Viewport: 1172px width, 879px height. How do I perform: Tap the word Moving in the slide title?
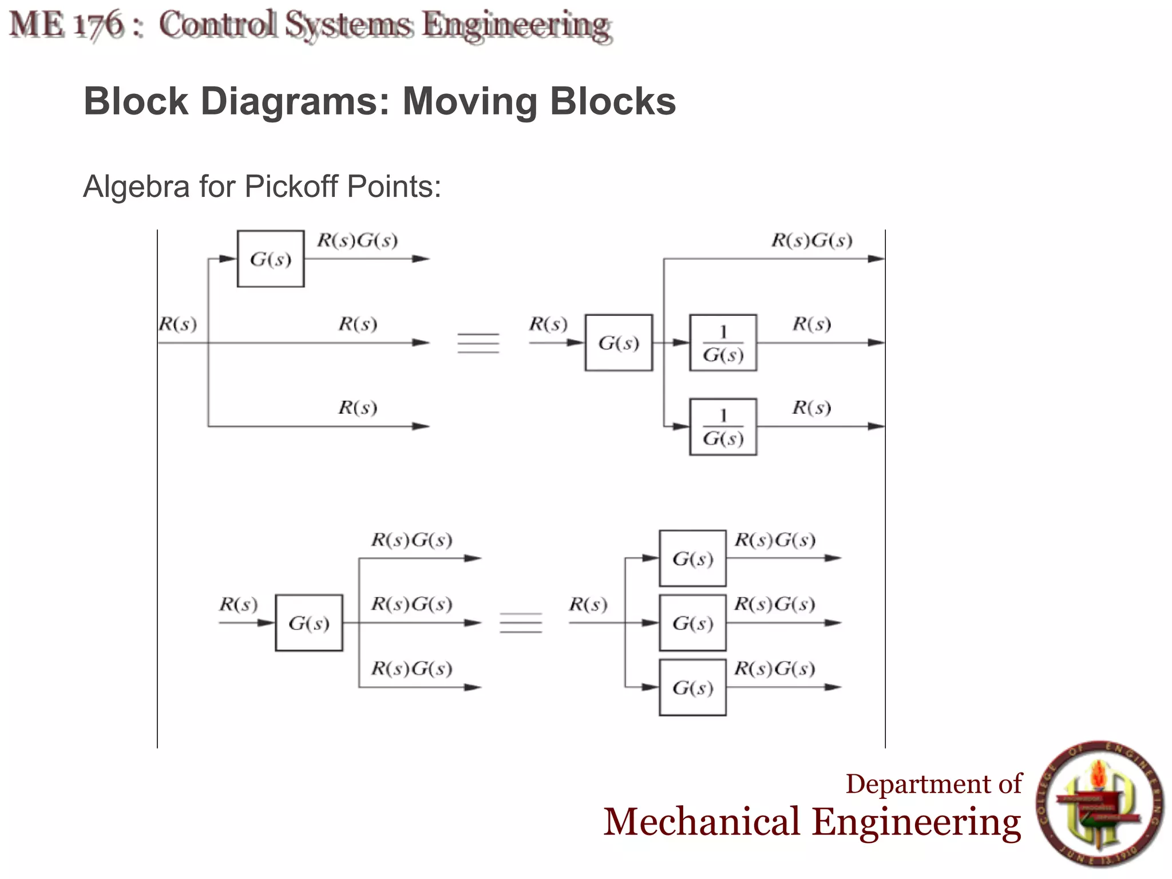(469, 101)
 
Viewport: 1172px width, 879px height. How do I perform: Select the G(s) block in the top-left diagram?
(270, 259)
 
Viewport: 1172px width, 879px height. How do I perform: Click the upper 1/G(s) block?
(723, 343)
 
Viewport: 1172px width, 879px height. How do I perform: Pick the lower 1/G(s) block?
(723, 427)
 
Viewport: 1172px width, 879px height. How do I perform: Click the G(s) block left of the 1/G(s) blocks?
(618, 343)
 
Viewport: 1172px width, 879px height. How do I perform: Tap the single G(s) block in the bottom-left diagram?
(308, 623)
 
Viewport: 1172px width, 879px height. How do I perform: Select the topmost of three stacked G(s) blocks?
(692, 559)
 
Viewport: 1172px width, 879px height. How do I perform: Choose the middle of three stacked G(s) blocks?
(692, 623)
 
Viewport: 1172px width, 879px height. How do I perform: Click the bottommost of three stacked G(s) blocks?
(692, 687)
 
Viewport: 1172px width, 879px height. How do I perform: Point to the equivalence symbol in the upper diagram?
(478, 343)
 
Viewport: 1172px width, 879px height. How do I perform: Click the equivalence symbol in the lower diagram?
(521, 623)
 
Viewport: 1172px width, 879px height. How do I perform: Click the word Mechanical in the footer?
(701, 822)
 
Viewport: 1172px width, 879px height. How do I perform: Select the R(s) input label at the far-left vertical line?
(178, 324)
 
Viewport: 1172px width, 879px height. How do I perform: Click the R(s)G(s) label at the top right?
(811, 240)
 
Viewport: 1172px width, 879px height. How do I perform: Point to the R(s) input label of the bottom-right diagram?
(588, 604)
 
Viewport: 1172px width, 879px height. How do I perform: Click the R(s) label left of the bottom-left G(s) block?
(238, 604)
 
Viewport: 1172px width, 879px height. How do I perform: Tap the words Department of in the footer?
(933, 784)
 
